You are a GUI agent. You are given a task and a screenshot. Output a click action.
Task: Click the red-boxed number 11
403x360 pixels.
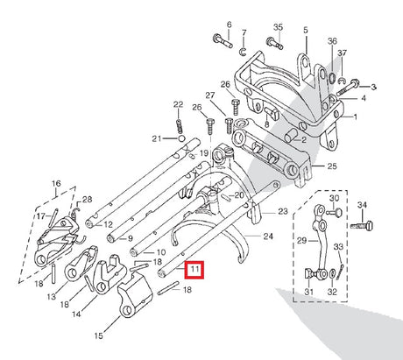194,270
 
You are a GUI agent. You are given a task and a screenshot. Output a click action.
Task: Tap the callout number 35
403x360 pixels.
278,27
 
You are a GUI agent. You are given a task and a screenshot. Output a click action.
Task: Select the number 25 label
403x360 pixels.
332,166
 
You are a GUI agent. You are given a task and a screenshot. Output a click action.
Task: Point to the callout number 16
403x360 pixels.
56,184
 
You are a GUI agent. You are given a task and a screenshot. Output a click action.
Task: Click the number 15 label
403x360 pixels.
99,335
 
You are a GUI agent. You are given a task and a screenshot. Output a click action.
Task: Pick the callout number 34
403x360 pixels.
362,205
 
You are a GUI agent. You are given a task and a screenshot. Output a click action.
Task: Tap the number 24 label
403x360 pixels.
268,236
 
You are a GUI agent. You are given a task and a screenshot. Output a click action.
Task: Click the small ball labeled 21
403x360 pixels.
181,138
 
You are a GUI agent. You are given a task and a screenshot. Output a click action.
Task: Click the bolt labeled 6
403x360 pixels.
223,41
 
